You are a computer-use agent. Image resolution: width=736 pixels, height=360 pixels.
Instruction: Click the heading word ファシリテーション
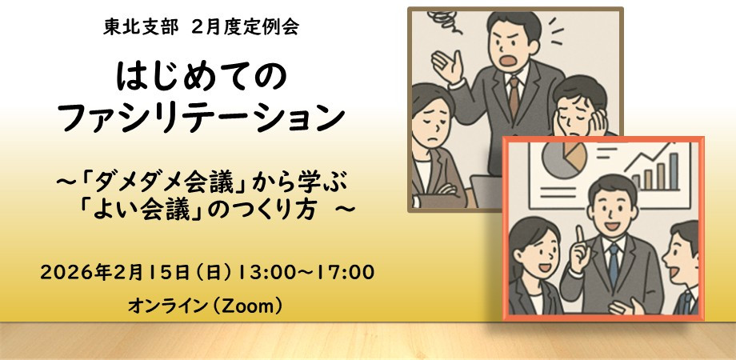coord(202,119)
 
